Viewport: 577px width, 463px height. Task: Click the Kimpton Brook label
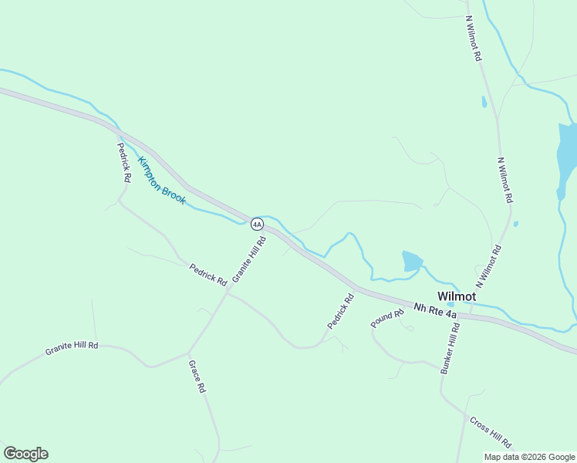pos(162,181)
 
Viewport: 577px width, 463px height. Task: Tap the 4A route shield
pos(257,224)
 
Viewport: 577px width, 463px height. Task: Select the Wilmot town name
pos(457,296)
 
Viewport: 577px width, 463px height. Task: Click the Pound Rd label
pos(387,319)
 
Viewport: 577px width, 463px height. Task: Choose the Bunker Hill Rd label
pos(450,348)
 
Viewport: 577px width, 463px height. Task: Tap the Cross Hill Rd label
pos(490,433)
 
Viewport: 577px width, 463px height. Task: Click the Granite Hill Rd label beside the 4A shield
pos(248,259)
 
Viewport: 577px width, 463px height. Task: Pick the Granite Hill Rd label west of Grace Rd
pos(72,348)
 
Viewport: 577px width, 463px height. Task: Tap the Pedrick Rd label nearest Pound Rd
pos(340,312)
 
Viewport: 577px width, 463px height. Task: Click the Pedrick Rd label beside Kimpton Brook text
pos(124,162)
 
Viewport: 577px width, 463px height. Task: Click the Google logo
pos(25,454)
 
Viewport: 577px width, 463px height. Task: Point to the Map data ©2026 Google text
pos(529,457)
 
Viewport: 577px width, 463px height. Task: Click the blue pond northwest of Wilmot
pos(412,261)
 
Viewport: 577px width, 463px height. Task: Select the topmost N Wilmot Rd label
pos(474,39)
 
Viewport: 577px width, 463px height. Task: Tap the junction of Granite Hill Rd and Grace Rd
pos(189,353)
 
